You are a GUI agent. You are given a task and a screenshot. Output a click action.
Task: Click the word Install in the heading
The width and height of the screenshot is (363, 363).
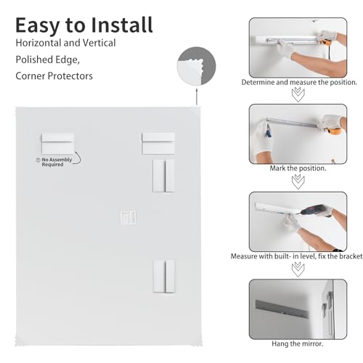[122, 25]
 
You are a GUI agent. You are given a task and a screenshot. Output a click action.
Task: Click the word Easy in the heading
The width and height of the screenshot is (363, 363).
[38, 26]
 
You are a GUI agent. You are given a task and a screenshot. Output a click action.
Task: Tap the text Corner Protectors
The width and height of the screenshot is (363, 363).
[54, 76]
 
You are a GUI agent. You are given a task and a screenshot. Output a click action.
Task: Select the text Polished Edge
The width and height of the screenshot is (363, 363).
[47, 60]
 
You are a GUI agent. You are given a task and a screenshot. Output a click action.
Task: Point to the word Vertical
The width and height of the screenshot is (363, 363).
[99, 43]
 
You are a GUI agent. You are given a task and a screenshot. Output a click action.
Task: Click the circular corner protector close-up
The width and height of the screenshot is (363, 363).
[196, 66]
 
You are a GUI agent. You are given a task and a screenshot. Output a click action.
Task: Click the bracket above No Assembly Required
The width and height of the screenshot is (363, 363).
[58, 143]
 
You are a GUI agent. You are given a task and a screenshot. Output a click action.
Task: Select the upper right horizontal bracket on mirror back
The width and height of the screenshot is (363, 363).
[158, 143]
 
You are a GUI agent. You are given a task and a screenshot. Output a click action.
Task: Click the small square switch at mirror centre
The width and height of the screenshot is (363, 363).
[129, 218]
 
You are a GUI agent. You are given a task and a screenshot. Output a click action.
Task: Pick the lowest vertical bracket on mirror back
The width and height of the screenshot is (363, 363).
[164, 277]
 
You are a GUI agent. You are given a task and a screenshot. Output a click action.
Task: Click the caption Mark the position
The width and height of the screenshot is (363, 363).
[298, 168]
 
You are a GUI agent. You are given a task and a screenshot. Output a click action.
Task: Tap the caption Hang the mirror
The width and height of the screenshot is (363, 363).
[298, 343]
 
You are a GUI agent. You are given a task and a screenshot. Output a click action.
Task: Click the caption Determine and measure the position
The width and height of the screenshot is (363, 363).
[299, 82]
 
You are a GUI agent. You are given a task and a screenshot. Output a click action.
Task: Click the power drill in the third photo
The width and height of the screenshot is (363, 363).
[314, 210]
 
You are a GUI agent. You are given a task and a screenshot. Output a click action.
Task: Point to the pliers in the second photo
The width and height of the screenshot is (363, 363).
[268, 131]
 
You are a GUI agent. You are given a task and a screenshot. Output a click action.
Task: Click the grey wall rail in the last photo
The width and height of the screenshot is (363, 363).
[282, 309]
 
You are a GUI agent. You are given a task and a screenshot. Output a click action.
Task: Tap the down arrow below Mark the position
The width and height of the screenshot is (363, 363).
[298, 181]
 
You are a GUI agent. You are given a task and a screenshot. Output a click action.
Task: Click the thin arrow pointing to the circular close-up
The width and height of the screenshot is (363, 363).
[197, 97]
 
